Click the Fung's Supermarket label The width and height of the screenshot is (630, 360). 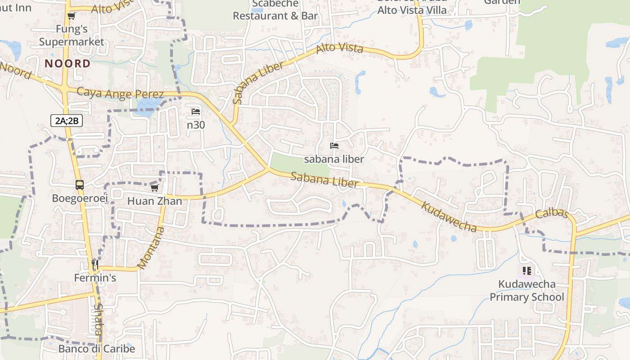click(x=71, y=36)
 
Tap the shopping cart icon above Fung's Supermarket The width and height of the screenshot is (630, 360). click(x=71, y=16)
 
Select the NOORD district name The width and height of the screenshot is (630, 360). click(x=67, y=63)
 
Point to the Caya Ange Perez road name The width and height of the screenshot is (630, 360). click(x=120, y=93)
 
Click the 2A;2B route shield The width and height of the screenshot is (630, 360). click(x=67, y=120)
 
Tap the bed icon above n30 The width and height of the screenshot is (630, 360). click(x=196, y=112)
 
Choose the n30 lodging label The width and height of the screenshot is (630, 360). click(x=196, y=125)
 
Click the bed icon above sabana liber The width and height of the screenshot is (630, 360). click(x=334, y=146)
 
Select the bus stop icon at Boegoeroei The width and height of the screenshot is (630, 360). click(x=80, y=185)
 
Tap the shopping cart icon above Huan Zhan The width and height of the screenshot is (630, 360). click(x=155, y=188)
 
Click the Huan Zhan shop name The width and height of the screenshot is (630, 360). click(x=155, y=201)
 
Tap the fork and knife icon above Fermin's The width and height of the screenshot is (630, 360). click(x=95, y=264)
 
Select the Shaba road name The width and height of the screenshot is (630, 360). click(x=98, y=319)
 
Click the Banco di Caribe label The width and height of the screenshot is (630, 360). click(x=96, y=349)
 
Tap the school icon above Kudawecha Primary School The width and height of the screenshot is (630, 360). click(x=527, y=271)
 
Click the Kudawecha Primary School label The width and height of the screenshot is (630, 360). click(x=526, y=291)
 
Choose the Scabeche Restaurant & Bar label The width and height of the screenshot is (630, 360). click(x=275, y=10)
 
